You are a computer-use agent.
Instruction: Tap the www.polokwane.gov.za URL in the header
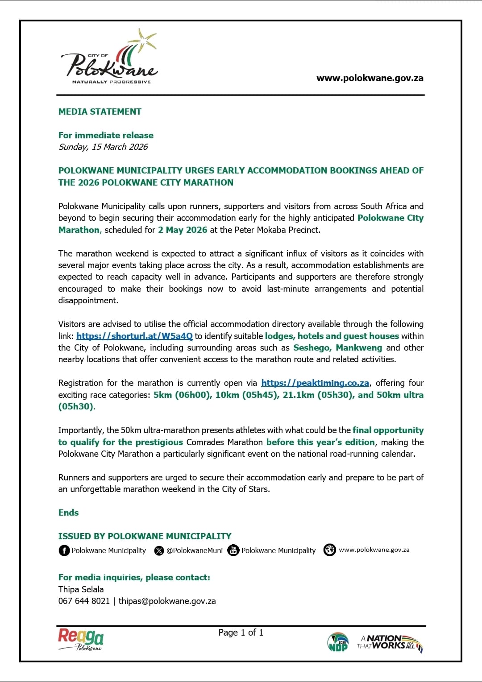click(x=370, y=78)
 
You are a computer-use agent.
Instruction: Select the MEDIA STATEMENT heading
click(x=100, y=112)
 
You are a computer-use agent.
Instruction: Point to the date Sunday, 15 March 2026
click(x=103, y=147)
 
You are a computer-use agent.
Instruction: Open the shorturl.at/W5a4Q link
click(x=134, y=336)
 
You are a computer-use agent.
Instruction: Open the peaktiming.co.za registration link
click(x=315, y=383)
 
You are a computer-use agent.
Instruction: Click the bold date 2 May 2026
click(x=183, y=230)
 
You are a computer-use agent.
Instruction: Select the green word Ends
click(x=68, y=513)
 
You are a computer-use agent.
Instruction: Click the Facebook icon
click(x=64, y=550)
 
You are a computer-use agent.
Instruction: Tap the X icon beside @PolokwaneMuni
click(x=159, y=550)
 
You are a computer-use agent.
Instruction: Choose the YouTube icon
click(x=233, y=550)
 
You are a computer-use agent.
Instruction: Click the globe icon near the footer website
click(x=329, y=550)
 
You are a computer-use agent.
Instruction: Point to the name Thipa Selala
click(x=81, y=589)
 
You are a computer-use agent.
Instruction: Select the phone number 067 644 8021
click(x=84, y=601)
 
